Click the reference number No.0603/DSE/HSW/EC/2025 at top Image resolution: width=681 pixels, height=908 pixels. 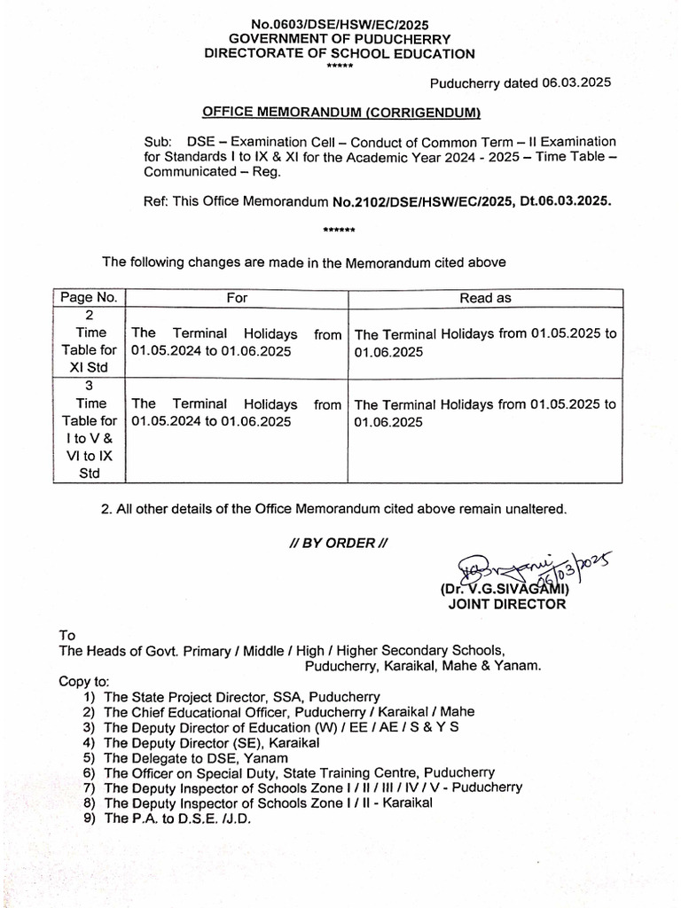[x=340, y=24]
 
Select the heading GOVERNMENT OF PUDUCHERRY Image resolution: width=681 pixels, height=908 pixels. [x=340, y=39]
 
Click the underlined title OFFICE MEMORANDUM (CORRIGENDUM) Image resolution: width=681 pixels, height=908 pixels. [x=341, y=113]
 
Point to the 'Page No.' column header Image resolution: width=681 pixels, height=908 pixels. [x=89, y=298]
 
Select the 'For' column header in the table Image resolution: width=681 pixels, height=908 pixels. [x=237, y=298]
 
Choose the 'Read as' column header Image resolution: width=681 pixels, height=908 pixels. [x=485, y=298]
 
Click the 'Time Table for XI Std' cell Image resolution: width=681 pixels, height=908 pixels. [x=89, y=342]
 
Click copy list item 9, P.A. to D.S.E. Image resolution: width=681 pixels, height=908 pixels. [x=177, y=818]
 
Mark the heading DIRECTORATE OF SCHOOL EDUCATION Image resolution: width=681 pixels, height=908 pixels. [x=340, y=53]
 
